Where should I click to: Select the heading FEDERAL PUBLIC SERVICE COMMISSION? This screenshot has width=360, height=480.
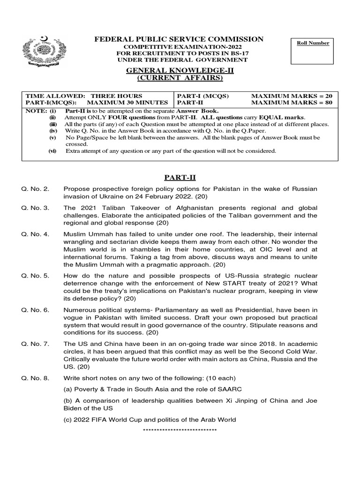tap(180, 39)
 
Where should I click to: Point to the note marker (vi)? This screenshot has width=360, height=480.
tap(53, 151)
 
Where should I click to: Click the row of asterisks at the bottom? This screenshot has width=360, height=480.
tap(179, 430)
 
